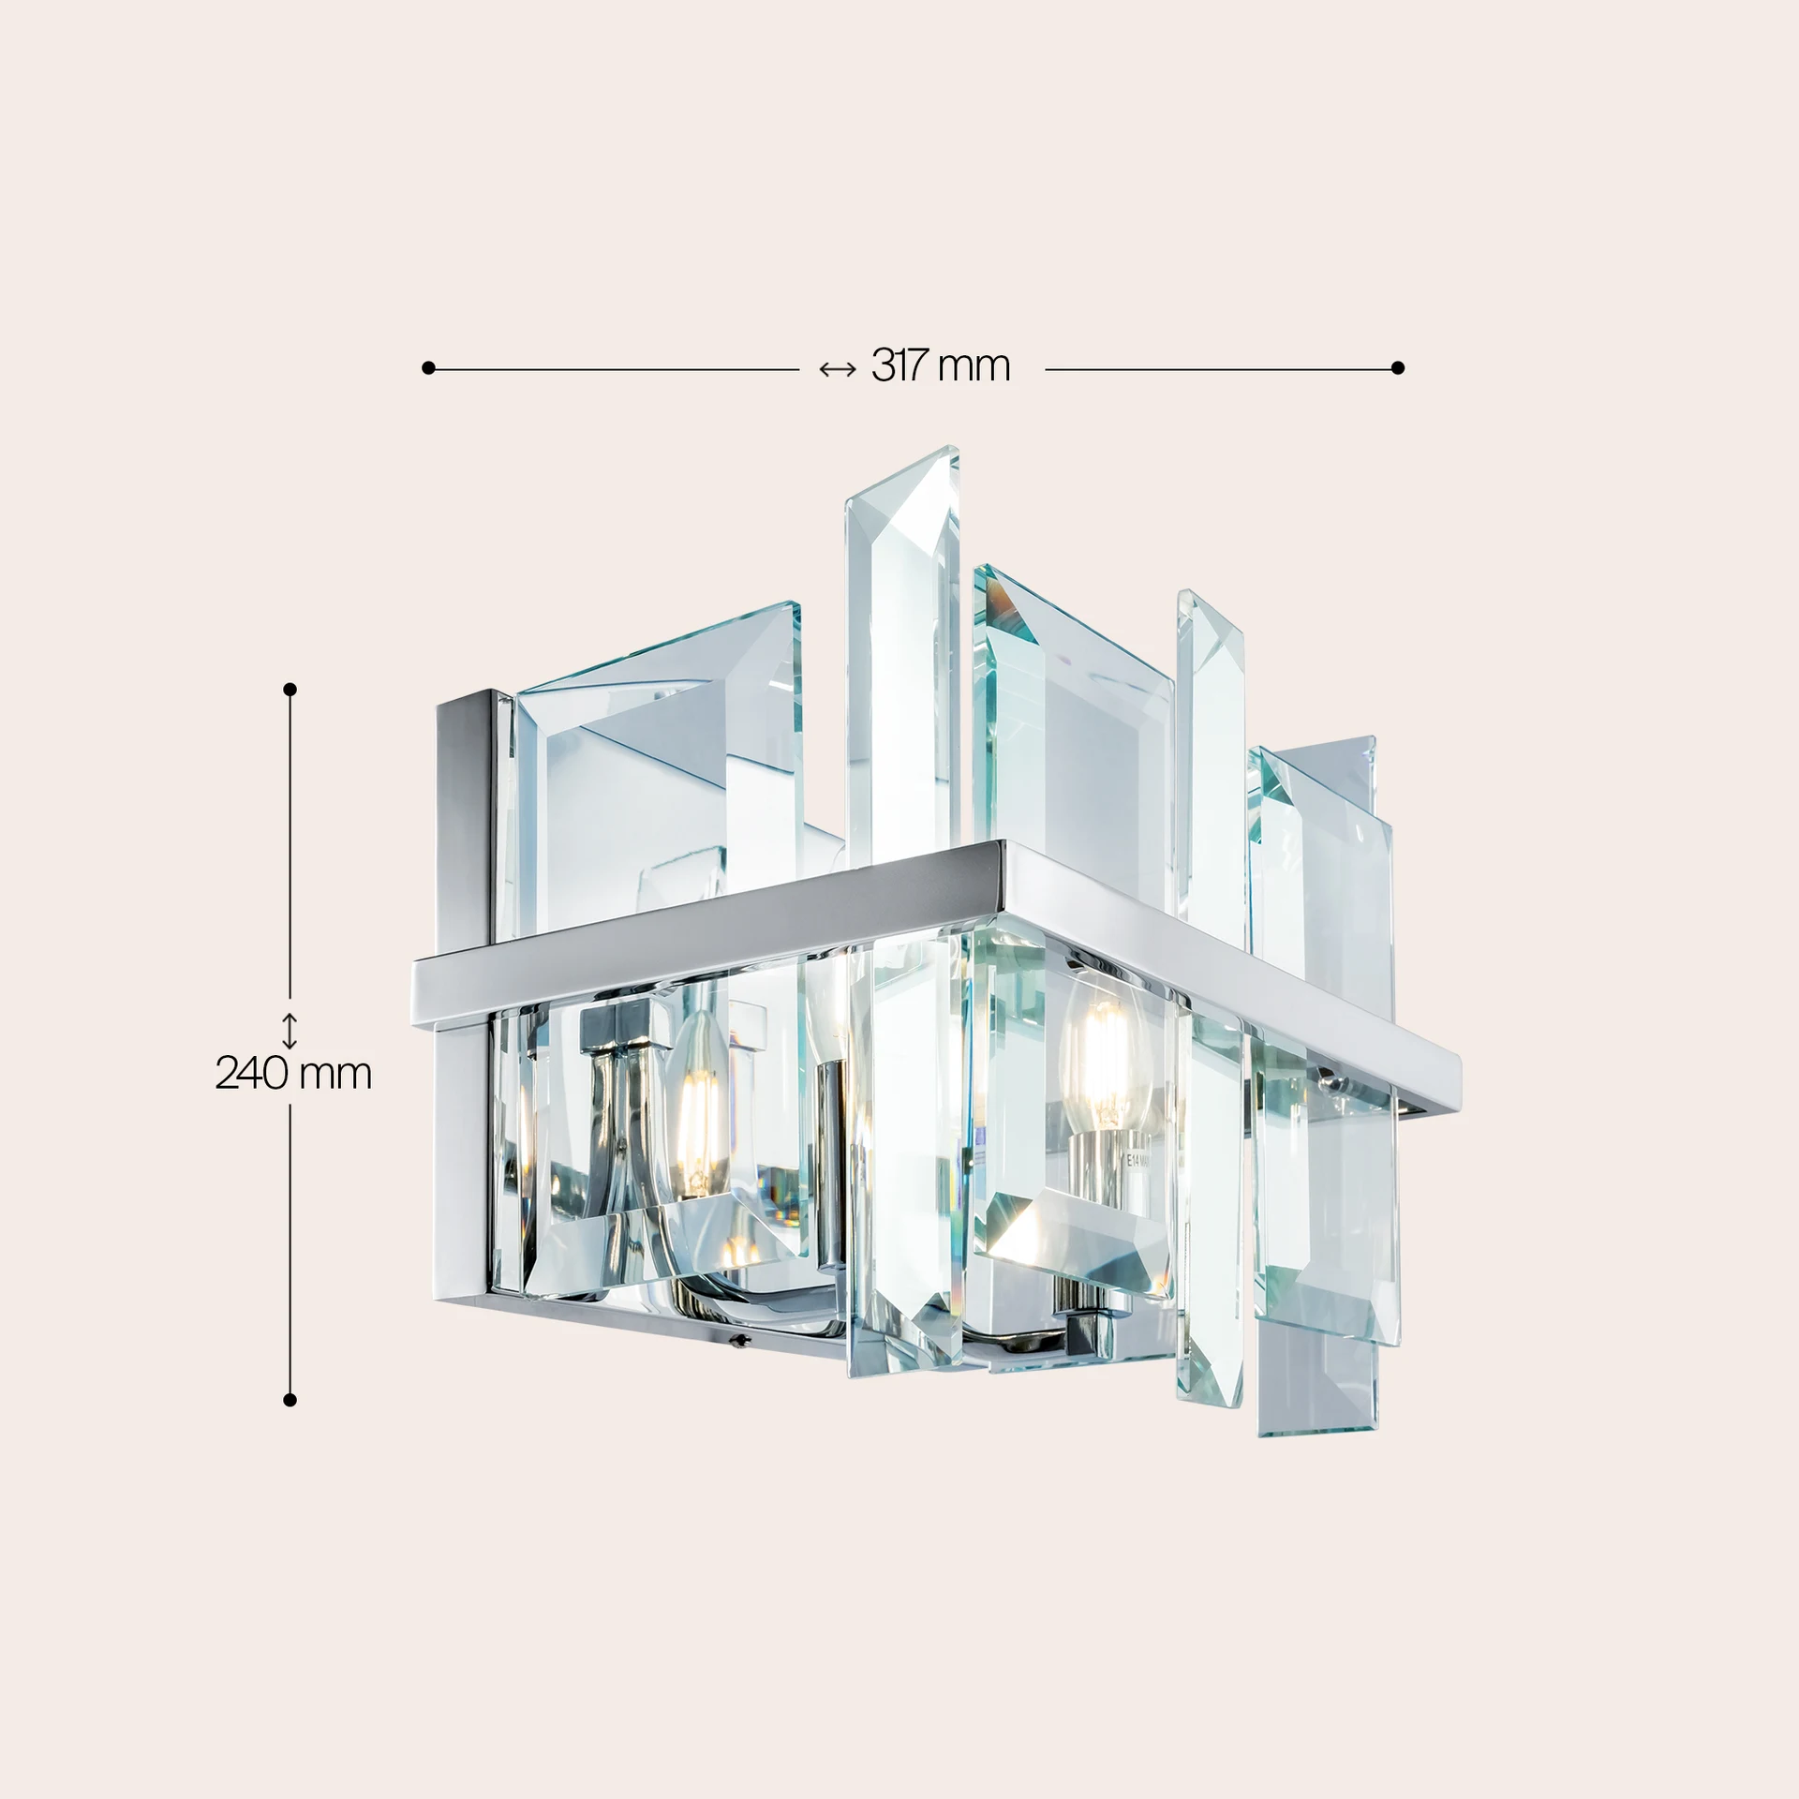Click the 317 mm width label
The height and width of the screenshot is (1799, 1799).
(941, 366)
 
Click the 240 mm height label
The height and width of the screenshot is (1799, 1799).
(293, 1074)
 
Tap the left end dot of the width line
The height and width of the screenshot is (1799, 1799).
(428, 368)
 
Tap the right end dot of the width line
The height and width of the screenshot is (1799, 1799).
(1398, 368)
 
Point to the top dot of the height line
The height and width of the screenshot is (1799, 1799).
(290, 690)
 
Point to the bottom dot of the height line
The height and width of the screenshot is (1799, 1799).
(290, 1400)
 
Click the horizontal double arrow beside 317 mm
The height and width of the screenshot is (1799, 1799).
(837, 369)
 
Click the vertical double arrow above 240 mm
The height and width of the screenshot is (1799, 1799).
(290, 1031)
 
